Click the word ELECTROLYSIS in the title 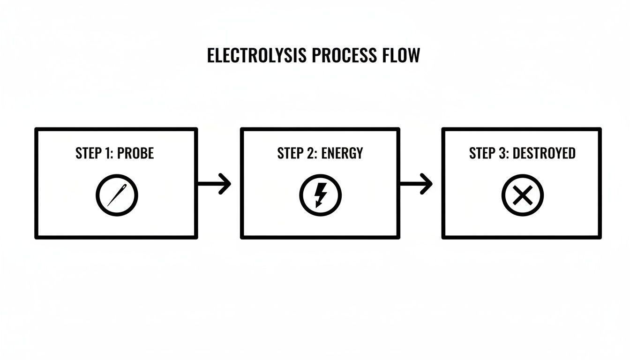click(257, 56)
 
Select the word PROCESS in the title click(344, 56)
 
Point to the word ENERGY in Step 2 click(342, 153)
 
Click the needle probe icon click(117, 195)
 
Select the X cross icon click(522, 195)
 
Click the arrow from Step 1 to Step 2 click(214, 184)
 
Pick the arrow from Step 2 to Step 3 click(415, 184)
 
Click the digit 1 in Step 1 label click(108, 153)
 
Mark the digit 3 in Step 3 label click(502, 153)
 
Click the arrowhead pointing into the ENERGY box click(225, 184)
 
